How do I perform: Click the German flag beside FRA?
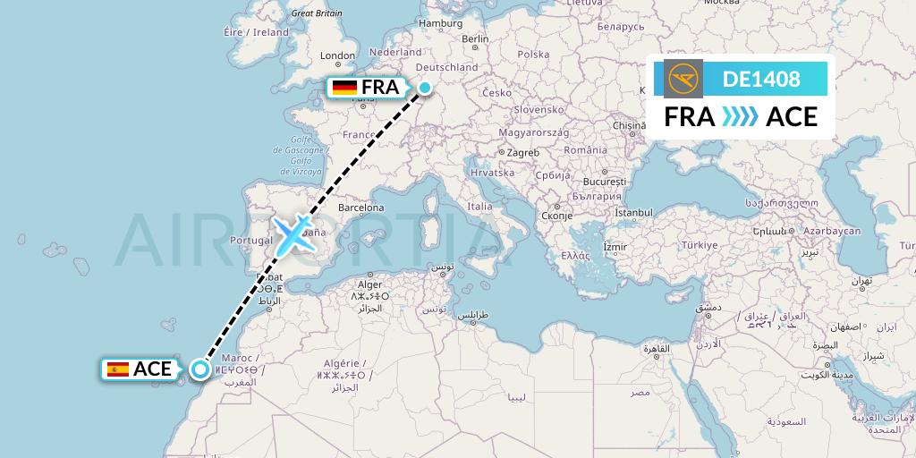pyautogui.click(x=344, y=88)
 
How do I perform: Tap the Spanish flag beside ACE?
pyautogui.click(x=117, y=369)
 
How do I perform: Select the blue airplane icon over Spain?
pyautogui.click(x=293, y=233)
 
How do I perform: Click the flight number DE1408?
pyautogui.click(x=761, y=79)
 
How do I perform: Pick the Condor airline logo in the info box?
pyautogui.click(x=683, y=79)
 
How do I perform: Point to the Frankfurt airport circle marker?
pyautogui.click(x=426, y=88)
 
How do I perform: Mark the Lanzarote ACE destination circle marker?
pyautogui.click(x=199, y=369)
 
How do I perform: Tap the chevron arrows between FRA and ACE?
pyautogui.click(x=740, y=116)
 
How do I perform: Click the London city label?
pyautogui.click(x=337, y=56)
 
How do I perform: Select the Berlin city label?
pyautogui.click(x=475, y=39)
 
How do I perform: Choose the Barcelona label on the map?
pyautogui.click(x=361, y=208)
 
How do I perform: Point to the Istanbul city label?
pyautogui.click(x=634, y=213)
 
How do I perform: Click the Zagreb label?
pyautogui.click(x=523, y=153)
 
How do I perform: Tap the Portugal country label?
pyautogui.click(x=251, y=240)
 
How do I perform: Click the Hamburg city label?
pyautogui.click(x=440, y=23)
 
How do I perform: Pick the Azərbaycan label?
pyautogui.click(x=831, y=231)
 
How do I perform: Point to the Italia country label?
pyautogui.click(x=479, y=207)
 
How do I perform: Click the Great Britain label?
pyautogui.click(x=317, y=13)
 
